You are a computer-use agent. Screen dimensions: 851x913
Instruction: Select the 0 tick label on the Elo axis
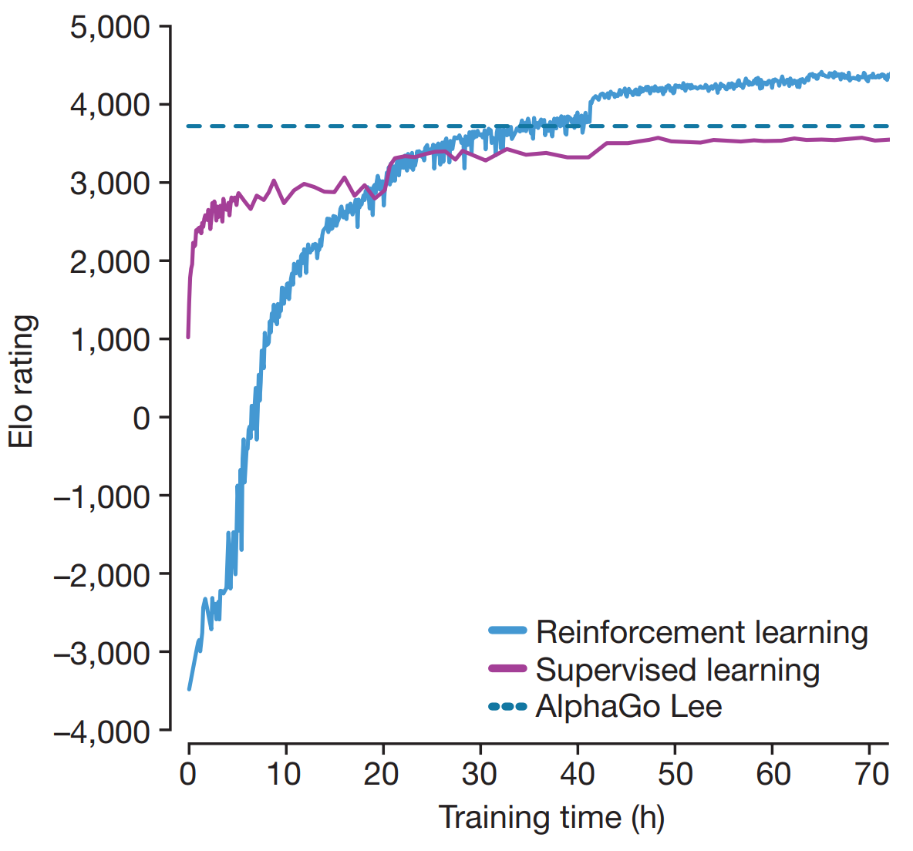[x=141, y=419]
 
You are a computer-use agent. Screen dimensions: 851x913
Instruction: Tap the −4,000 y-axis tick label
[x=102, y=731]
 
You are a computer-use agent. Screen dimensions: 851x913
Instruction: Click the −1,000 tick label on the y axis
[x=102, y=497]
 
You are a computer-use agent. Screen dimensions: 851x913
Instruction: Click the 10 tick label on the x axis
[x=285, y=774]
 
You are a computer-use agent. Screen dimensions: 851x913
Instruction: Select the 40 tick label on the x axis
[x=577, y=774]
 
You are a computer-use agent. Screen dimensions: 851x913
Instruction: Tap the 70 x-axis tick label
[x=871, y=774]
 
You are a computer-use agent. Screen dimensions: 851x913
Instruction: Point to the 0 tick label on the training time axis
[x=188, y=774]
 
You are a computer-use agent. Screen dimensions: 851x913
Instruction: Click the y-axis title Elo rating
[x=22, y=381]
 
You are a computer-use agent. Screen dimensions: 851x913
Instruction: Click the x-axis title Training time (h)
[x=551, y=817]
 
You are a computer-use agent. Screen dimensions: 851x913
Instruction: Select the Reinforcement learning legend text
[x=702, y=632]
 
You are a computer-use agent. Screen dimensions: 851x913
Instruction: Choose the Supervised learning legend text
[x=677, y=669]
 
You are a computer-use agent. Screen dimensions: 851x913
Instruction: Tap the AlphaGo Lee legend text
[x=628, y=706]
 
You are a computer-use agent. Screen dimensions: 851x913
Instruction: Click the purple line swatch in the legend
[x=507, y=668]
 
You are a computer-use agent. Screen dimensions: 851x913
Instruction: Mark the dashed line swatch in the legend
[x=507, y=706]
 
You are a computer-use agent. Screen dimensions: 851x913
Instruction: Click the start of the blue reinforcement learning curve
[x=189, y=688]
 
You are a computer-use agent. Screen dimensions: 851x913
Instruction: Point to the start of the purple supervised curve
[x=188, y=337]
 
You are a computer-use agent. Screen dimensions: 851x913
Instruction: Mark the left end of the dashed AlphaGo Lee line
[x=189, y=126]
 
